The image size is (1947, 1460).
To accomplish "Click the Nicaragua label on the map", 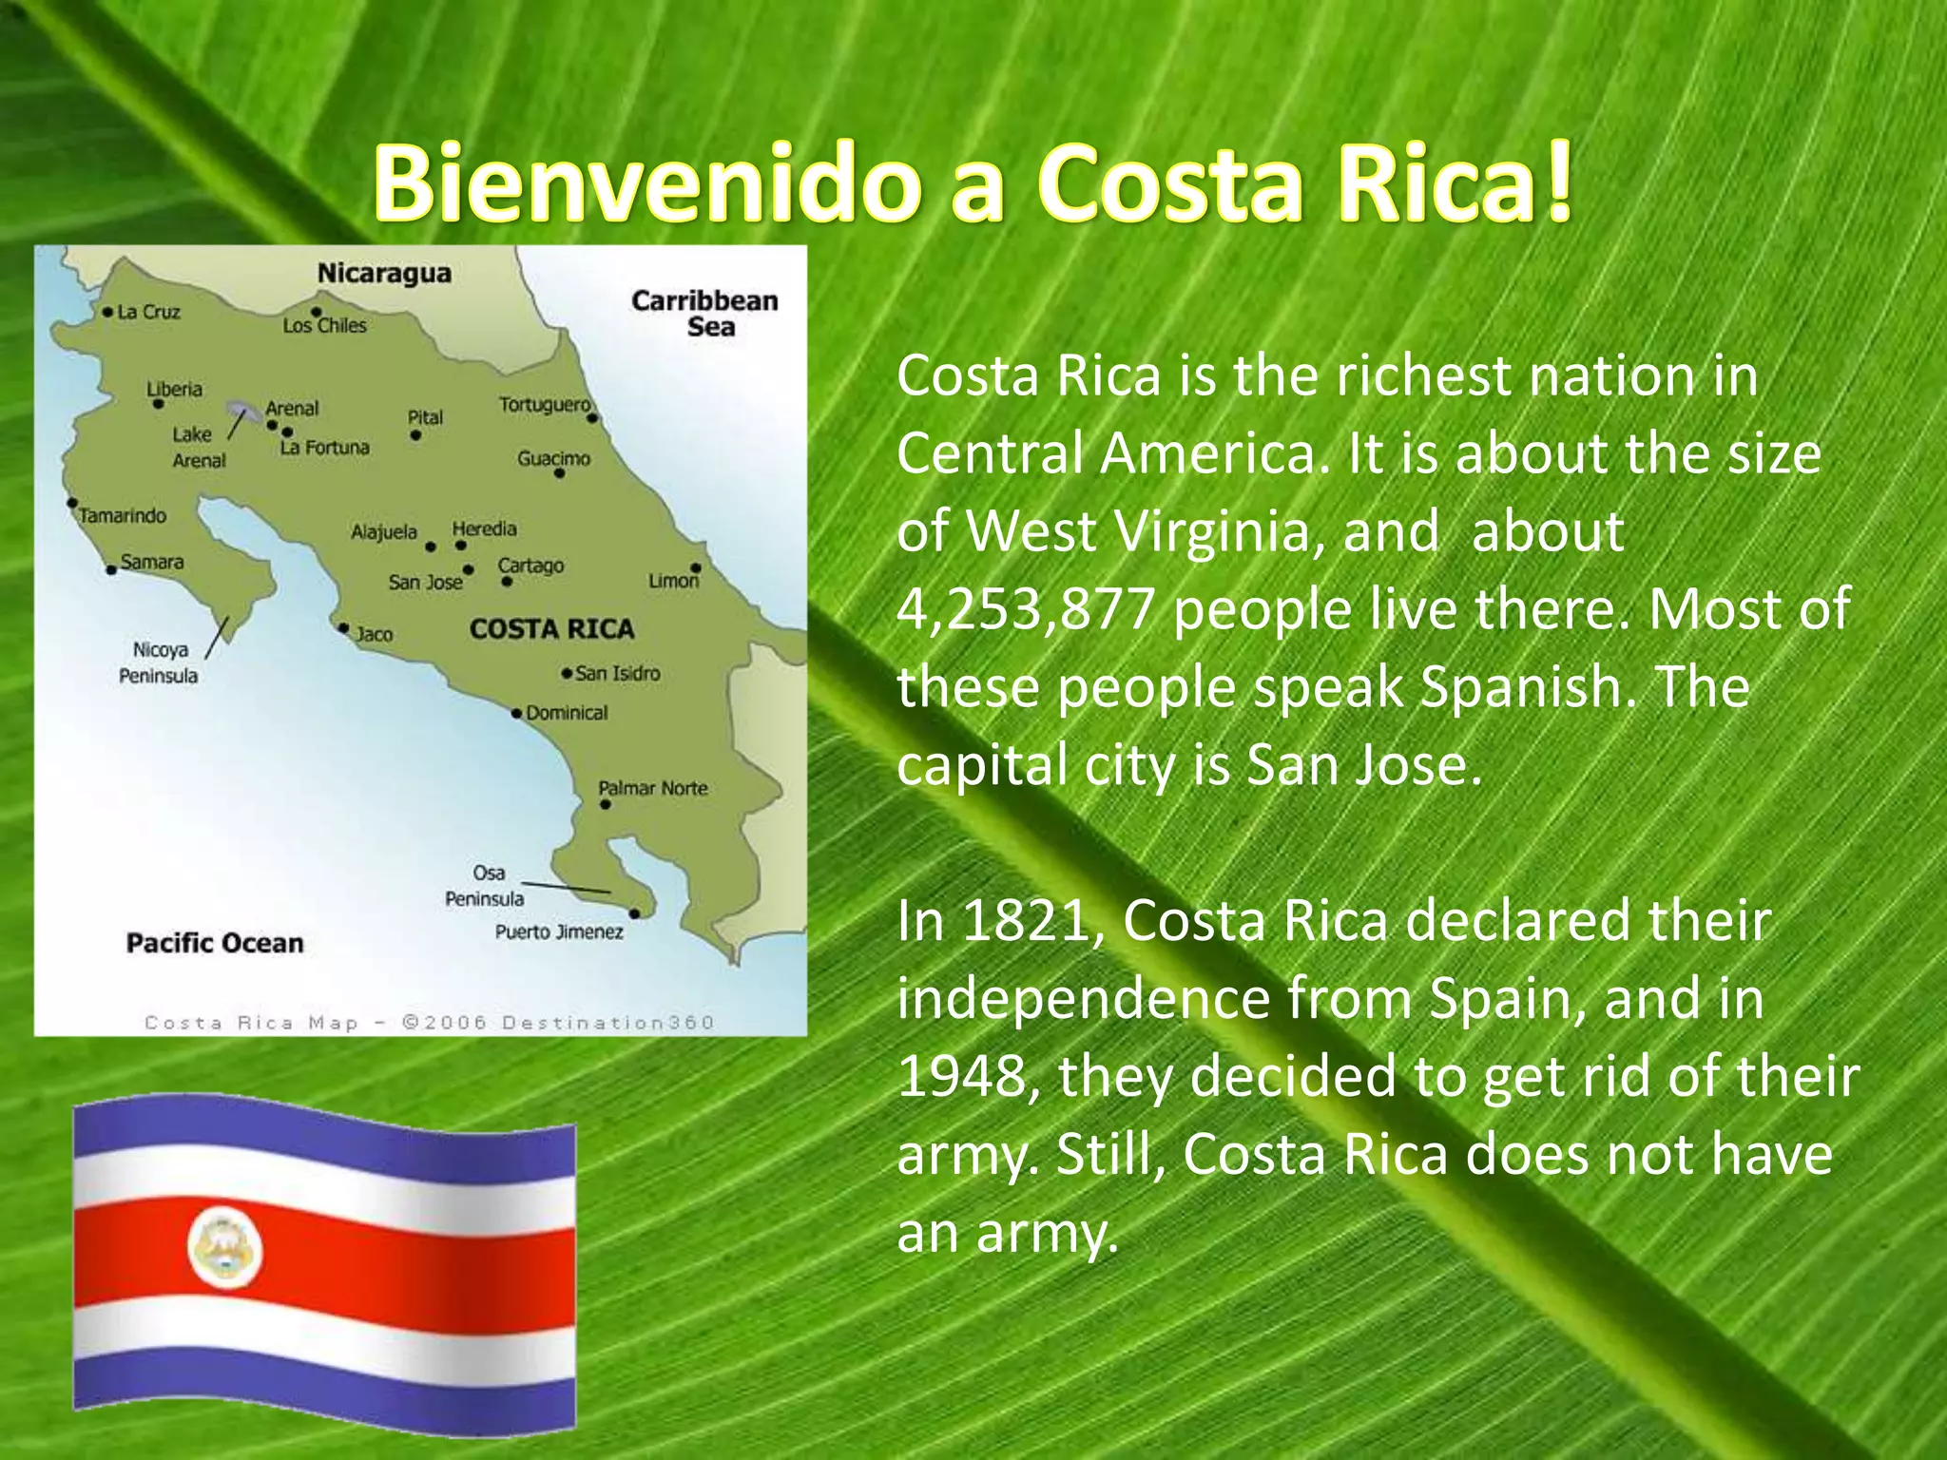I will (384, 273).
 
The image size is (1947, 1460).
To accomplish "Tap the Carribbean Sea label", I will (704, 314).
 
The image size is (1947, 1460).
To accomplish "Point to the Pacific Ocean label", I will (215, 943).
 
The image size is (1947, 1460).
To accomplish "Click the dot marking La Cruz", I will (107, 312).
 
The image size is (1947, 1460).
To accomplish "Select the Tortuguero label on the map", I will (545, 405).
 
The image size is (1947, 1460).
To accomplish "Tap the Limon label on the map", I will (673, 581).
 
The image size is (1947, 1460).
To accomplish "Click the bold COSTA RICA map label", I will (551, 628).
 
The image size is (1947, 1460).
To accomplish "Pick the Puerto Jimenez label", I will (559, 932).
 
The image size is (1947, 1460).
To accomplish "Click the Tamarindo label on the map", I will (123, 516).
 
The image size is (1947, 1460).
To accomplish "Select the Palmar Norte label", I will (653, 788).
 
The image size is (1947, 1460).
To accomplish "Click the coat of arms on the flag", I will (224, 1247).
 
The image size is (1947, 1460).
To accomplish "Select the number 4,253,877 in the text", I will (1026, 609).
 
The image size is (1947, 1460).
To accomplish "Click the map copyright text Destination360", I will (607, 1023).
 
